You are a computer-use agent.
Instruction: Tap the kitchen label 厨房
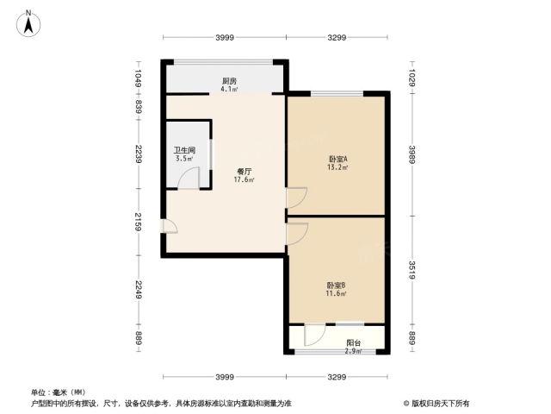click(229, 81)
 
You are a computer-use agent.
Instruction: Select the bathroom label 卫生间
click(184, 150)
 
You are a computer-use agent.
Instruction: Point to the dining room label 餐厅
click(245, 172)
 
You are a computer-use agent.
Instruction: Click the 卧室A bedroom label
click(337, 159)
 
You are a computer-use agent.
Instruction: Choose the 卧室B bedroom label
click(336, 285)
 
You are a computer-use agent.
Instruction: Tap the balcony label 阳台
click(353, 342)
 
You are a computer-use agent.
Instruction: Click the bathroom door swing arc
click(189, 179)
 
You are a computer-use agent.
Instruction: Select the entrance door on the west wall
click(170, 226)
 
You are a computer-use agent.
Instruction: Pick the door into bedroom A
click(297, 198)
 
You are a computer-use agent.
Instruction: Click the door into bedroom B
click(298, 234)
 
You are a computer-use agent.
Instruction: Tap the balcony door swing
click(315, 335)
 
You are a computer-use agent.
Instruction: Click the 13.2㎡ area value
click(337, 167)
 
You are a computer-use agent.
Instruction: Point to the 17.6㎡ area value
click(245, 179)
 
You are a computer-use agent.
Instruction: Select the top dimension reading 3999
click(225, 37)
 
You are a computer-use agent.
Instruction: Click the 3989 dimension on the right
click(412, 154)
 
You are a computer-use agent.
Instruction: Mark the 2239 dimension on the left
click(139, 154)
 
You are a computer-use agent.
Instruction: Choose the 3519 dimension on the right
click(412, 270)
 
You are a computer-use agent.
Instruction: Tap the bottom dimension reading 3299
click(337, 377)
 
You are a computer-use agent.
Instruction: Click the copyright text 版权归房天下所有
click(440, 404)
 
